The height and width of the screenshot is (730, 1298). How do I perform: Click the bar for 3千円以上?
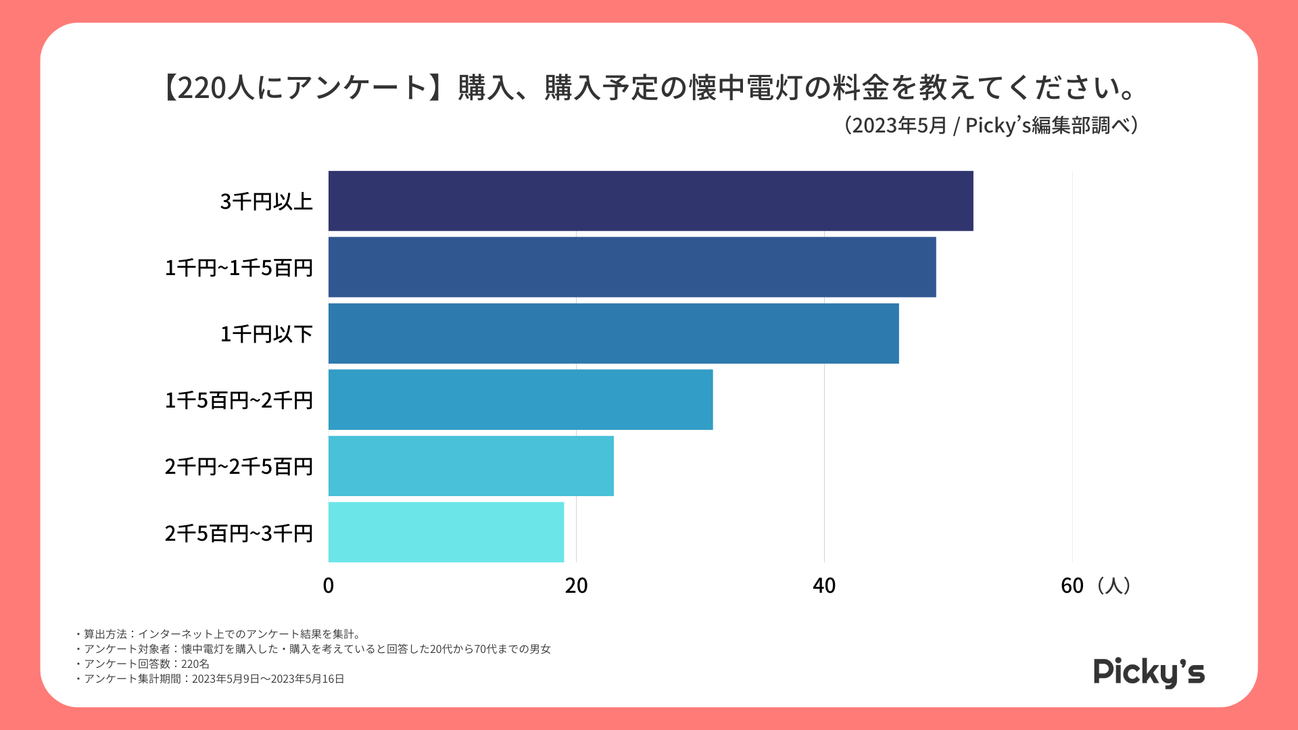650,201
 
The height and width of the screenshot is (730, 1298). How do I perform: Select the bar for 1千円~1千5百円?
632,267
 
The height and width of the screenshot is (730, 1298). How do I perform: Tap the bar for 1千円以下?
613,333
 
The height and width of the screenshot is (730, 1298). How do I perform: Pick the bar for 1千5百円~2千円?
521,399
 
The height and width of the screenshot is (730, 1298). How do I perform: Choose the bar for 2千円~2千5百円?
471,466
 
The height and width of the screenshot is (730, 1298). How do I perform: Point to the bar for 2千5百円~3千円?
446,532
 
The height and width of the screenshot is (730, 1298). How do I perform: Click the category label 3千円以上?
266,201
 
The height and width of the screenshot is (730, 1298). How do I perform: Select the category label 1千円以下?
266,334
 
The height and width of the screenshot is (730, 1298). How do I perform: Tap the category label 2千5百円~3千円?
239,533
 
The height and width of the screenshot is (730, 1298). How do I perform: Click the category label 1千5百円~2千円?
239,400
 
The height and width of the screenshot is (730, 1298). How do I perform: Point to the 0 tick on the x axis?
329,585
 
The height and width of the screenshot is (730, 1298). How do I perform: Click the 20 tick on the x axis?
576,585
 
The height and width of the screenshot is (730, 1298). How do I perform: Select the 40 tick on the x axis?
824,585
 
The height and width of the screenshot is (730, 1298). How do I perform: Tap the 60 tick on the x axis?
1072,585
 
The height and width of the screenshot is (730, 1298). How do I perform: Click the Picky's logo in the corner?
1149,672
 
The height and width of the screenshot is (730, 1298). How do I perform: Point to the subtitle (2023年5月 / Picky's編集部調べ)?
991,126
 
